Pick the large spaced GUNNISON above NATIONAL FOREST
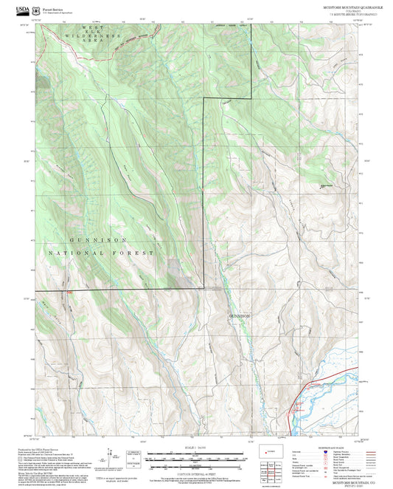[x=100, y=241]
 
